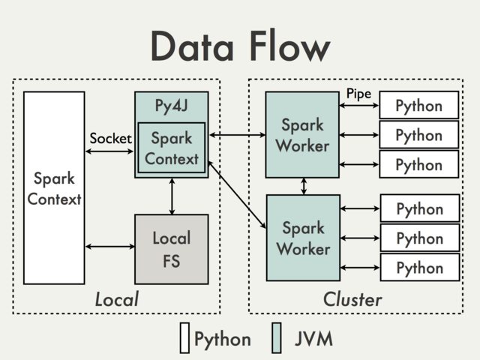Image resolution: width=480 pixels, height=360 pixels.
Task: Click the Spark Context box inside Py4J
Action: pos(172,148)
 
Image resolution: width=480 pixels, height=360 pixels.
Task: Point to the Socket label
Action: pos(110,139)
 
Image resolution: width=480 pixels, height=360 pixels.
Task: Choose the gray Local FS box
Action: pos(171,249)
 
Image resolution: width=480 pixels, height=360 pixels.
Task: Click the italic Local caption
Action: pos(116,299)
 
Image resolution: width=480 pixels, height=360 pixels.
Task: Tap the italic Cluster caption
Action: pos(352,299)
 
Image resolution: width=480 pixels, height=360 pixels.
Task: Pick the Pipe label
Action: pos(358,93)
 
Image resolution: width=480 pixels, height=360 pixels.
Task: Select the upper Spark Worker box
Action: pos(302,134)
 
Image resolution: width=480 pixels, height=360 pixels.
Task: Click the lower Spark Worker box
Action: pos(302,238)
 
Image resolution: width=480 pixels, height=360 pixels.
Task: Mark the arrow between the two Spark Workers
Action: pos(303,186)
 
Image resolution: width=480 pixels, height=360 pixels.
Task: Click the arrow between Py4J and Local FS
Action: pos(172,196)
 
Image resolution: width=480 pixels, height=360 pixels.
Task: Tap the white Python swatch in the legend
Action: pos(184,338)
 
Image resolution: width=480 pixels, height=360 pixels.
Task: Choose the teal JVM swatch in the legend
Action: pos(276,338)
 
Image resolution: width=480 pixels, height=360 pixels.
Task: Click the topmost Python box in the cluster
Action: pos(418,105)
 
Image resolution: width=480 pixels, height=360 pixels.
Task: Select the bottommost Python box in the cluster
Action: pos(418,267)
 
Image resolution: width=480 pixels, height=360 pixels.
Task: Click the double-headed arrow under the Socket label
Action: pos(109,151)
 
